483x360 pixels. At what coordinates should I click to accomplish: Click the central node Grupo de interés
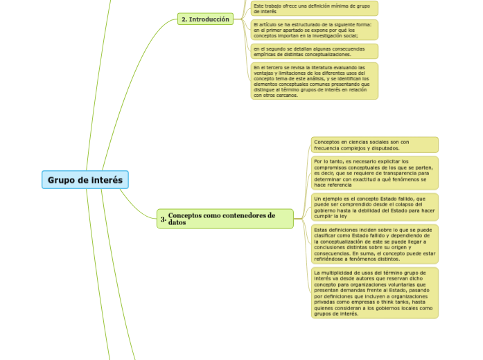tap(85, 180)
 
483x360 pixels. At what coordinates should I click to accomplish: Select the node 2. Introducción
tap(204, 19)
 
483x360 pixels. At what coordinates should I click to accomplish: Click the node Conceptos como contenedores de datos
tap(225, 219)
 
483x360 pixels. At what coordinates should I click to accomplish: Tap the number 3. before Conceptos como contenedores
tap(163, 219)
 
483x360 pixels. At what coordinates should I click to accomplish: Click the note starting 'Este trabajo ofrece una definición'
tap(315, 8)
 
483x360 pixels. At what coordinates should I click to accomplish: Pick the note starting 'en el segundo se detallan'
tap(315, 51)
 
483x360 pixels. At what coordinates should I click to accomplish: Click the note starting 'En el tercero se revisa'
tap(315, 81)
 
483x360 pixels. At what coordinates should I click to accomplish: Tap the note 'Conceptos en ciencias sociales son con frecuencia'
tap(374, 145)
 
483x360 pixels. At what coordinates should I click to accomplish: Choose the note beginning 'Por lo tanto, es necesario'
tap(374, 173)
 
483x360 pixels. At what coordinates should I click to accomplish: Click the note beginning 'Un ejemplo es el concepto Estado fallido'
tap(374, 206)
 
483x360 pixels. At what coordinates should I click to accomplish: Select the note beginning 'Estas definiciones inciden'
tap(374, 244)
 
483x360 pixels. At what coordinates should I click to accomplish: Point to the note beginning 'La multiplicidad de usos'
tap(374, 293)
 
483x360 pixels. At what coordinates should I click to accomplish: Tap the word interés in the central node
tap(107, 180)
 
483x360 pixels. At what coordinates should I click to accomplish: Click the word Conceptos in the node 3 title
tap(187, 215)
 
